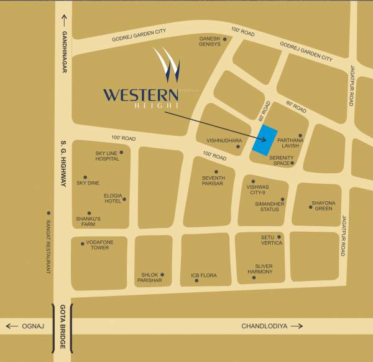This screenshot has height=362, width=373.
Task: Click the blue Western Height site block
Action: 264,141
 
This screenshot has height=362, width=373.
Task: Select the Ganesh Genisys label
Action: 210,41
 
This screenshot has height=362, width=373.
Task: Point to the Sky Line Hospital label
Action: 107,156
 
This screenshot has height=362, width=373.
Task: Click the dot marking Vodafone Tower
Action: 83,244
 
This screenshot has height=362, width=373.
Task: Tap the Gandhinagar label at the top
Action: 63,52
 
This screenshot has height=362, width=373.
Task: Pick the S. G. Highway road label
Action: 63,163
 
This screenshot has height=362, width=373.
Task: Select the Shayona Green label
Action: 323,206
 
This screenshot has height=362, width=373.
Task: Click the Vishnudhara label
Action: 224,141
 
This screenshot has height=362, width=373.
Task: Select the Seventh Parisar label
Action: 213,180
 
